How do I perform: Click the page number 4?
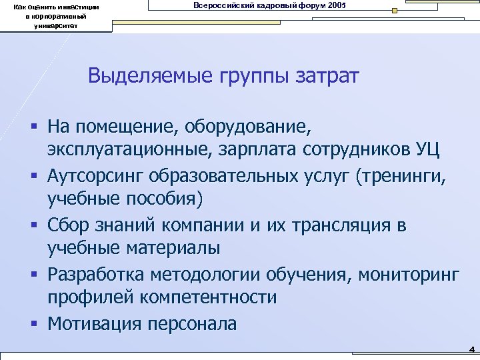(471, 348)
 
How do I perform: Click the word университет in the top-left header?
(56, 26)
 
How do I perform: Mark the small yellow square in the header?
(395, 11)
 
